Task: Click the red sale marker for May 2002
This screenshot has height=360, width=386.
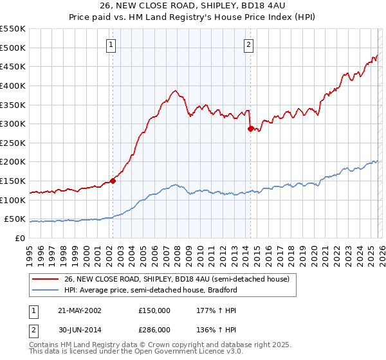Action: click(x=113, y=181)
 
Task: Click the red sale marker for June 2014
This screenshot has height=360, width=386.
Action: click(x=250, y=129)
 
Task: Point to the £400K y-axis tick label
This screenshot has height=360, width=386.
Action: click(x=13, y=85)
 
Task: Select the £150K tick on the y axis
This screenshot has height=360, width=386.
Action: click(x=13, y=181)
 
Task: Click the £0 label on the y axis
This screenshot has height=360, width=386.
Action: click(x=19, y=238)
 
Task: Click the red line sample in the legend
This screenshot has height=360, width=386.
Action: click(x=46, y=279)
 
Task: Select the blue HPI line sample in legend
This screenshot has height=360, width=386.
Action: click(x=46, y=290)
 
